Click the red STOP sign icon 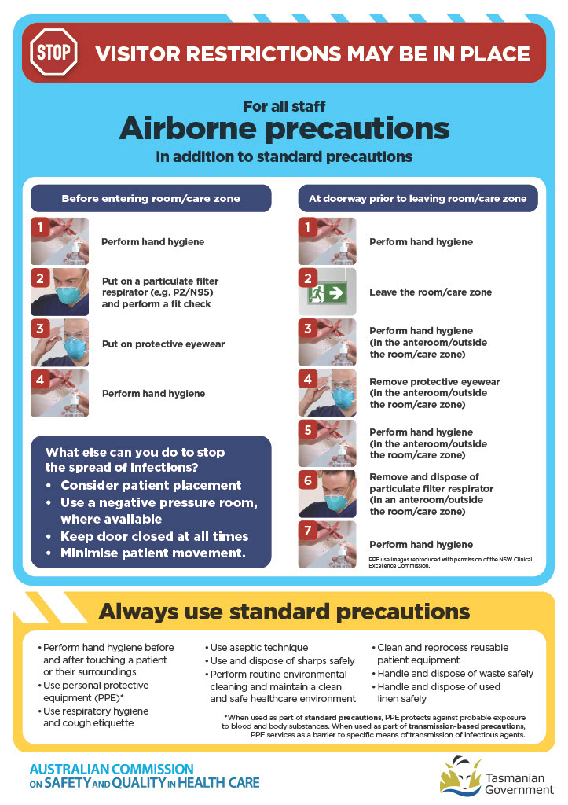[x=53, y=53]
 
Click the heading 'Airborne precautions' [x=284, y=128]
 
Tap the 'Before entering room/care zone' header [x=151, y=199]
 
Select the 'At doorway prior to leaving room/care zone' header [x=417, y=199]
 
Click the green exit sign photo [x=328, y=292]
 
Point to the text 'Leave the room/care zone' [x=431, y=292]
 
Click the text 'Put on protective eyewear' [x=163, y=344]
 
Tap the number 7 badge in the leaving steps [x=309, y=531]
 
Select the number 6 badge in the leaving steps [x=309, y=480]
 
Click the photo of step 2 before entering [x=60, y=292]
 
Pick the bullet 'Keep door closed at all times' [x=154, y=536]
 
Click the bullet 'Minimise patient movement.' [x=153, y=553]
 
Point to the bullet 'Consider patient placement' [x=151, y=485]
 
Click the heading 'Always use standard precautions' [x=284, y=612]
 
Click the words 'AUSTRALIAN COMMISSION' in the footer [x=111, y=768]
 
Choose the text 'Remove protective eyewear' [x=434, y=382]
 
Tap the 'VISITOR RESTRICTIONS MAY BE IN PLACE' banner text [x=312, y=53]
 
